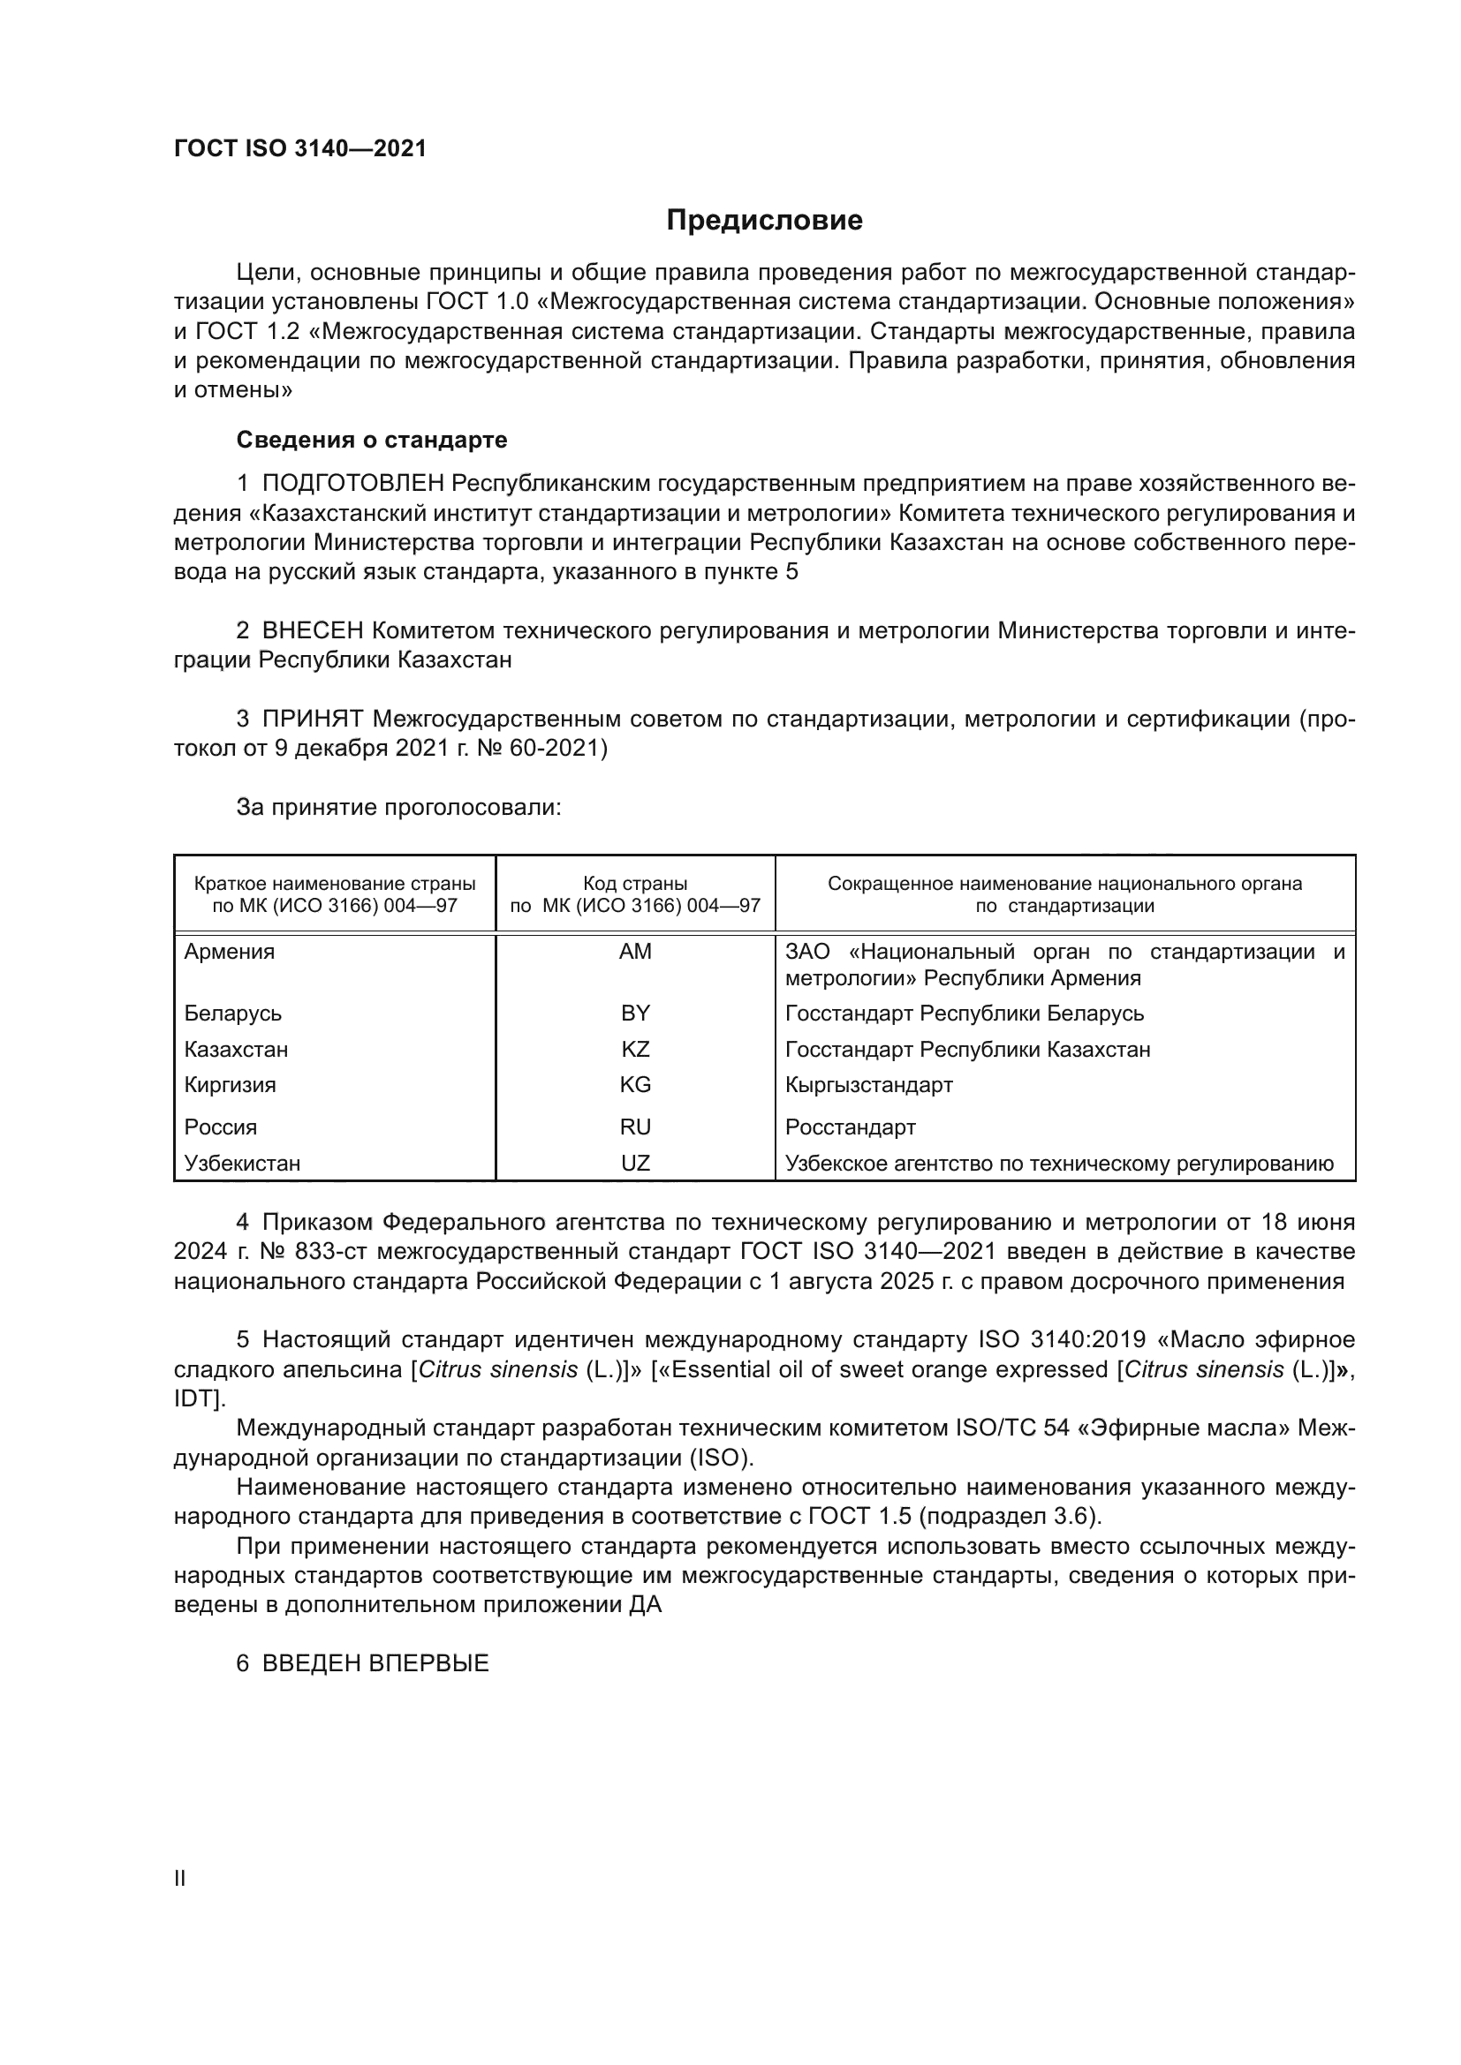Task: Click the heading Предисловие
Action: point(764,221)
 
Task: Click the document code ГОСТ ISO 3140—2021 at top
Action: point(299,148)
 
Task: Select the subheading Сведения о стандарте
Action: point(372,440)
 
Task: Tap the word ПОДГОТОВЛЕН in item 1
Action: point(352,484)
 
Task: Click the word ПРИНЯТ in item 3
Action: point(312,719)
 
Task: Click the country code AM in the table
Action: point(635,952)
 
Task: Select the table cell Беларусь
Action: point(233,1014)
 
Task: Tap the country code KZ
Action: point(635,1050)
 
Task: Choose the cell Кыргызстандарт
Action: point(868,1085)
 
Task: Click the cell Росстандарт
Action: point(850,1127)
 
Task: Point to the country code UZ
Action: point(635,1163)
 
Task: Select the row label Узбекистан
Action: point(242,1163)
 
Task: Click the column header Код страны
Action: point(635,884)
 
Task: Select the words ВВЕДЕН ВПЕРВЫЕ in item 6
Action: point(375,1663)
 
